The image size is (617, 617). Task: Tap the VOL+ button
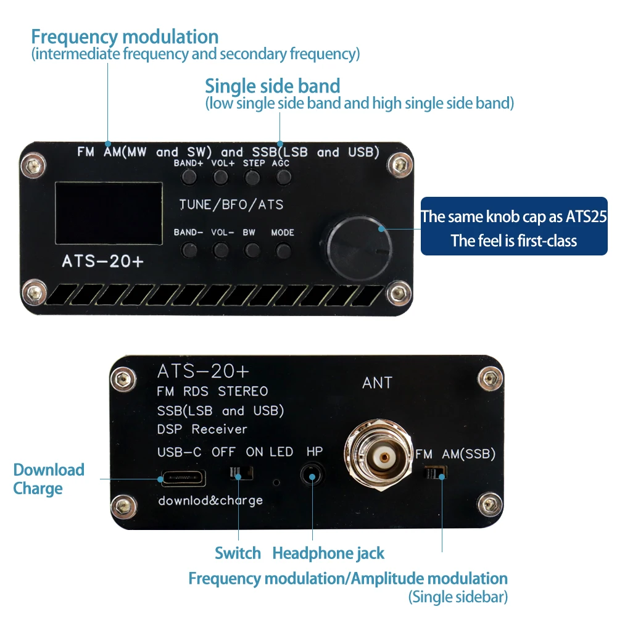(220, 178)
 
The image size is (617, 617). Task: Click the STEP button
(252, 178)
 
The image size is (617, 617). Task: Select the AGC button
(283, 178)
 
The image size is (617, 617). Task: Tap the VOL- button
(220, 250)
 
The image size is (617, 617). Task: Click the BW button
(252, 250)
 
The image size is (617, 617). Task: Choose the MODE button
(283, 250)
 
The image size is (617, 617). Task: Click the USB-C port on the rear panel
(183, 478)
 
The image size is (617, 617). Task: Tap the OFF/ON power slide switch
(241, 473)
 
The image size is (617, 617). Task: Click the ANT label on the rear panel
(377, 383)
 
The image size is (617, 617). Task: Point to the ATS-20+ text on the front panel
(102, 262)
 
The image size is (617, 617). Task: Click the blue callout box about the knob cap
(513, 226)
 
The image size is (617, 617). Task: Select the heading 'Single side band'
(272, 85)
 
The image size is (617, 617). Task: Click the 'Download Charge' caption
(48, 479)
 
